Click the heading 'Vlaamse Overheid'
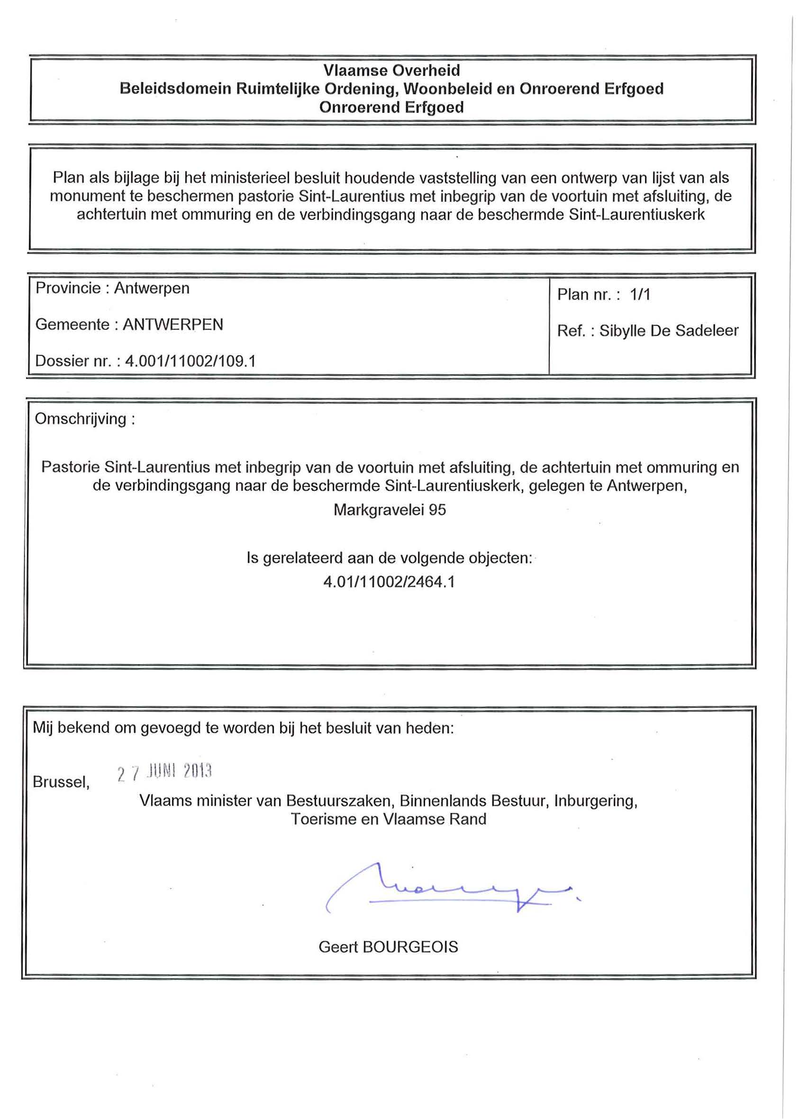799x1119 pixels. [391, 70]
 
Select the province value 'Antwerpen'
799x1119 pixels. [152, 288]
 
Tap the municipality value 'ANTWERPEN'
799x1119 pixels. [173, 325]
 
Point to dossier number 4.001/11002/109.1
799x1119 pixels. [191, 361]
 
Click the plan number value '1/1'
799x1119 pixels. [640, 295]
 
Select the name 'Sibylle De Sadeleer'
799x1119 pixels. [669, 331]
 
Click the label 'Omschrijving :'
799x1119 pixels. [85, 419]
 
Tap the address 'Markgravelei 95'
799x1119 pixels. [390, 510]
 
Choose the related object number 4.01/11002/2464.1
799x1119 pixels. [389, 582]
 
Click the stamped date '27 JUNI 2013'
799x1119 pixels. [164, 772]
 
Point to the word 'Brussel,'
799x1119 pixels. [61, 782]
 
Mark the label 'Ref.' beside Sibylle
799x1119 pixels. [571, 331]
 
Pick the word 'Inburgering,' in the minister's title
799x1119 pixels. [596, 801]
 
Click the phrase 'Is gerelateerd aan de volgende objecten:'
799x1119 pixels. [390, 558]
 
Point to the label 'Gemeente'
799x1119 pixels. [72, 325]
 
